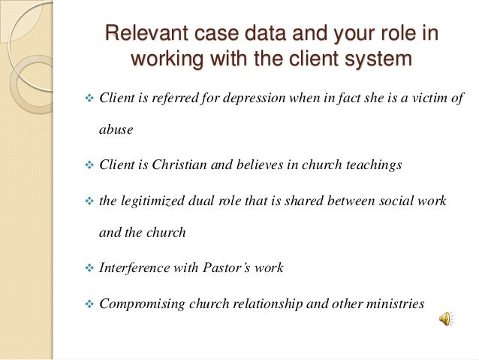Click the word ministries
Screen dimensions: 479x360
(x=397, y=303)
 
